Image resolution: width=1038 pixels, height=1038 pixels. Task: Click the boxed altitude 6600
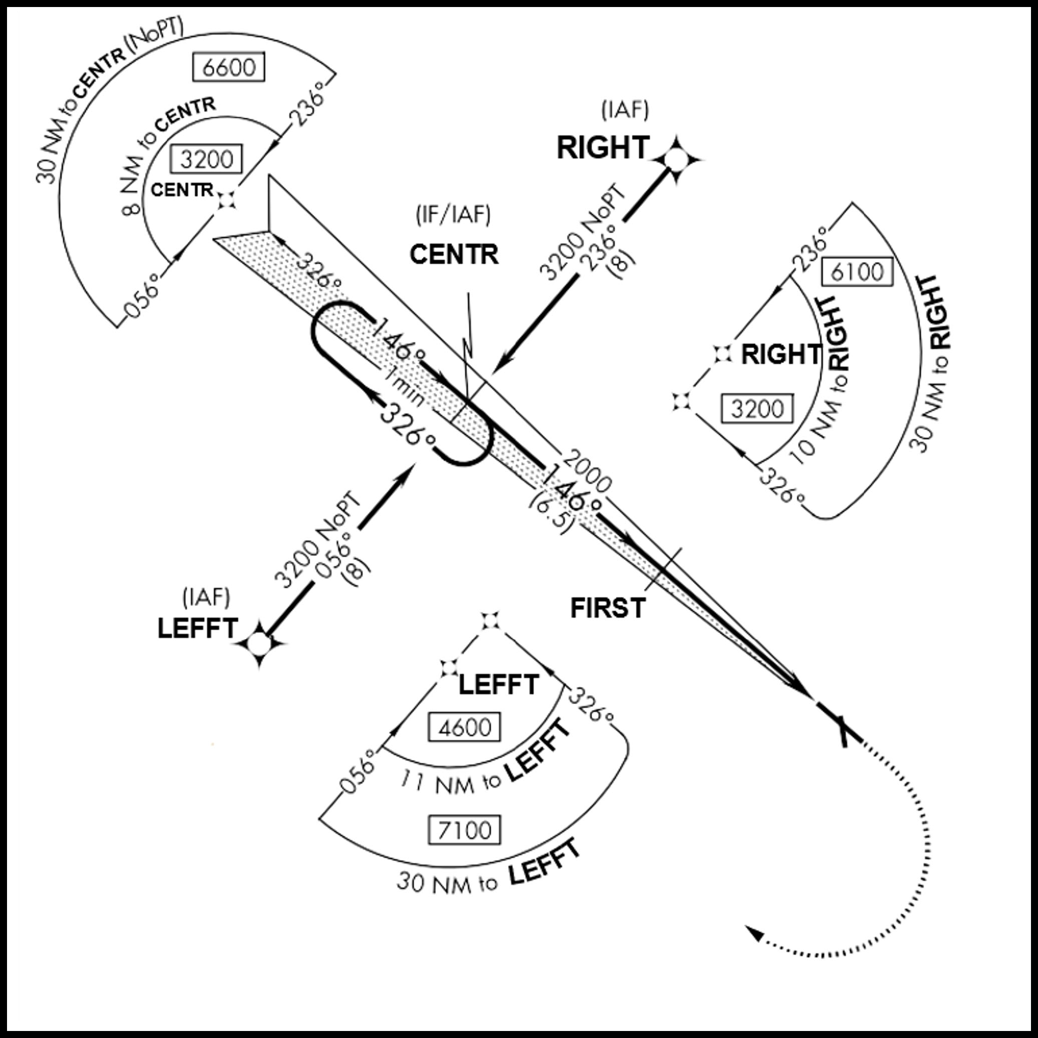229,67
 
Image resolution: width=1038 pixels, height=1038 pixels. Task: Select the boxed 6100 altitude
857,272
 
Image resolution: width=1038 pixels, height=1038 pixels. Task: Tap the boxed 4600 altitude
465,728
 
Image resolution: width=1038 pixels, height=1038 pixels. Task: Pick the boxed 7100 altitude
465,830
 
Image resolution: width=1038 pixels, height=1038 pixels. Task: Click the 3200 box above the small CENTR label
206,159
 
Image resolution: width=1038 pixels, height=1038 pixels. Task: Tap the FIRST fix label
608,608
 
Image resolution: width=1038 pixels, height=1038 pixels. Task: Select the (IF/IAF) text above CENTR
453,215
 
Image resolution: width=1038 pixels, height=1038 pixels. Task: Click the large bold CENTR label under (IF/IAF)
454,254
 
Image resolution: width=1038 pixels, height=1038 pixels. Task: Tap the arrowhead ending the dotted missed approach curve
755,933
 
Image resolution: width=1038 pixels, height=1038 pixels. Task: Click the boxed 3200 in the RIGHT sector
758,409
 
